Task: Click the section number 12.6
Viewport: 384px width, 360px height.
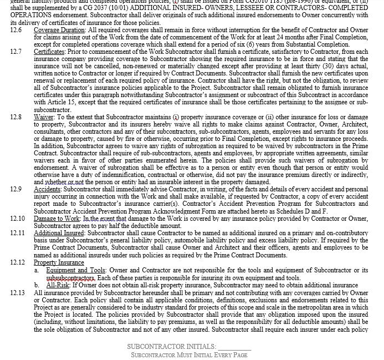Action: click(16, 29)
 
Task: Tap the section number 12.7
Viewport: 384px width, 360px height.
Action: click(16, 52)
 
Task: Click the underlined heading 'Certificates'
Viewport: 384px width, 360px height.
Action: click(49, 52)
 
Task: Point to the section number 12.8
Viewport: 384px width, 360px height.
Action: click(16, 117)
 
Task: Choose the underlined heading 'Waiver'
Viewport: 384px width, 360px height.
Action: click(44, 117)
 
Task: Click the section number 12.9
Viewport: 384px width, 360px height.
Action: click(16, 189)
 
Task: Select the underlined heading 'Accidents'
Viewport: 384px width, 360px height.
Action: click(47, 189)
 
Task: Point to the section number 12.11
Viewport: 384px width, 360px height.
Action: click(18, 233)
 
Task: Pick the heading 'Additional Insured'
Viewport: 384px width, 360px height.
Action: click(59, 233)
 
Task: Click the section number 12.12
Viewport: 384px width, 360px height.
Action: click(18, 262)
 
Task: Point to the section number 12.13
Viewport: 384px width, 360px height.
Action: click(18, 292)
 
